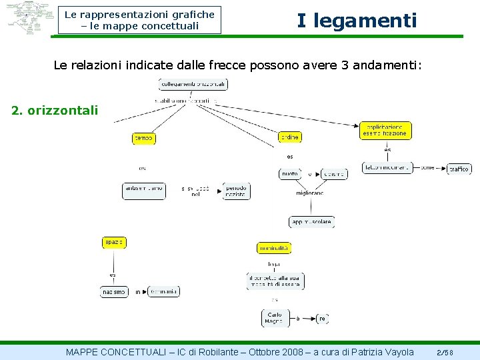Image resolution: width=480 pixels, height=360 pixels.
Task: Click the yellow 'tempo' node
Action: pyautogui.click(x=143, y=138)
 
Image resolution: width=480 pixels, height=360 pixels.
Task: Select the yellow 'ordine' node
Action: pyautogui.click(x=289, y=137)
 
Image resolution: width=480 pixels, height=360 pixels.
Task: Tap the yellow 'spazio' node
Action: pyautogui.click(x=113, y=242)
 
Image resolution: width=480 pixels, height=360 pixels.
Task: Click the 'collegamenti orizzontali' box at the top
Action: pyautogui.click(x=193, y=85)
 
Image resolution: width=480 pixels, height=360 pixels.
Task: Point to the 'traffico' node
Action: pyautogui.click(x=459, y=169)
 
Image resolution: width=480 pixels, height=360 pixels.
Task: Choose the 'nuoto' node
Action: pyautogui.click(x=290, y=174)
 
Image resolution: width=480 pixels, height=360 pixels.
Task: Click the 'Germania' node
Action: pyautogui.click(x=164, y=291)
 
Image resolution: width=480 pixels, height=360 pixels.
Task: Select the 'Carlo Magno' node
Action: pyautogui.click(x=274, y=318)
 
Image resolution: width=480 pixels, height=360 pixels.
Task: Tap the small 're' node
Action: pyautogui.click(x=323, y=319)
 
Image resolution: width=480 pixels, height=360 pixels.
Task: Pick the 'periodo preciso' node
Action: pyautogui.click(x=236, y=191)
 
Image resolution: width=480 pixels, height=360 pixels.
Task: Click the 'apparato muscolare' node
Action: pyautogui.click(x=311, y=222)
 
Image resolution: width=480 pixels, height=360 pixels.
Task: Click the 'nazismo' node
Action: pyautogui.click(x=114, y=292)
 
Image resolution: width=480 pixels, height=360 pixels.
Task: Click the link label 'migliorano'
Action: pyautogui.click(x=310, y=193)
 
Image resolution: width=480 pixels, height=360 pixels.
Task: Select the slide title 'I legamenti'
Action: pyautogui.click(x=357, y=21)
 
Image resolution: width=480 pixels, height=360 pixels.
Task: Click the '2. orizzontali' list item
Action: pyautogui.click(x=55, y=110)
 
